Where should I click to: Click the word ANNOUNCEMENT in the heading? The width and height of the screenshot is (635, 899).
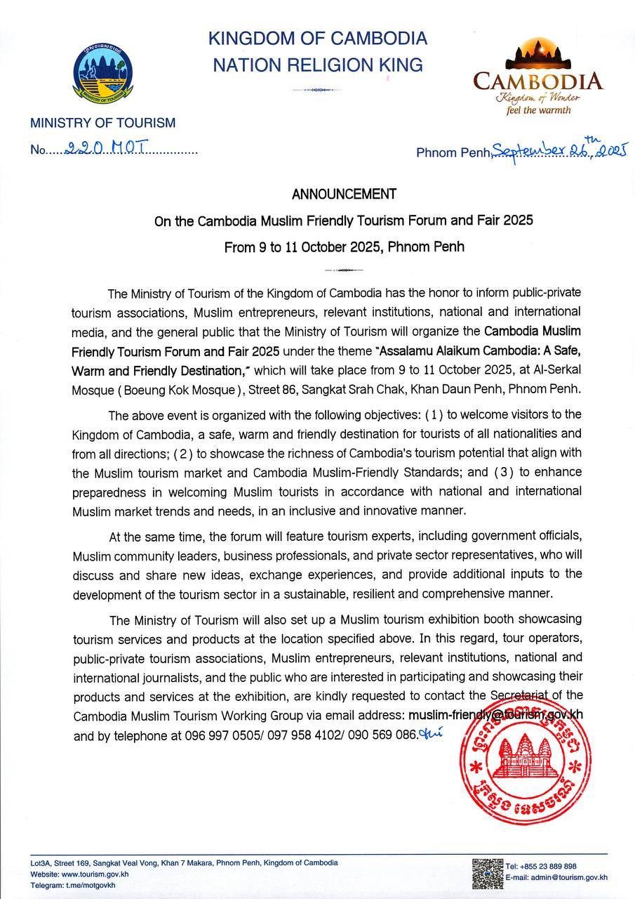click(344, 194)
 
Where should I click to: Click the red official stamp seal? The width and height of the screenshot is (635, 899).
click(523, 761)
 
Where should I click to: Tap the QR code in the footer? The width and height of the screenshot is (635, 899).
click(487, 872)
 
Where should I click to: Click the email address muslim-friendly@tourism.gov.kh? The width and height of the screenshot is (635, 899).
click(495, 714)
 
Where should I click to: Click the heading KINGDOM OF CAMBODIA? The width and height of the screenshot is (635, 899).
click(317, 38)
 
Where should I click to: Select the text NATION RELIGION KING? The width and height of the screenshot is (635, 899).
click(317, 65)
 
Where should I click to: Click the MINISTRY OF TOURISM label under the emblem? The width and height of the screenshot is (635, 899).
click(102, 123)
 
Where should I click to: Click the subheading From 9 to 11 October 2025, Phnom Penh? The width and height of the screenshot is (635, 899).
click(344, 247)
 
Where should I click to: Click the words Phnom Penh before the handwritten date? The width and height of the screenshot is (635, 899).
click(453, 152)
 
